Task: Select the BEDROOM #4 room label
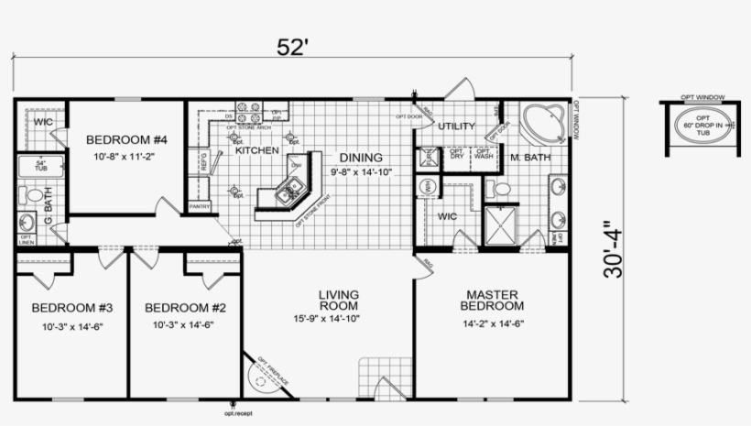127,140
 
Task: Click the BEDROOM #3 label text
71,308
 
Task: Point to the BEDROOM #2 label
185,308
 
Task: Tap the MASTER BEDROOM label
495,300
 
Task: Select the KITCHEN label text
256,149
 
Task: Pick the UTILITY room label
456,126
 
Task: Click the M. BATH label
530,158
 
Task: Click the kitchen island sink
288,192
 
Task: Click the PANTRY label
200,207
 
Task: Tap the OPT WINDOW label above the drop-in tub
702,96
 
